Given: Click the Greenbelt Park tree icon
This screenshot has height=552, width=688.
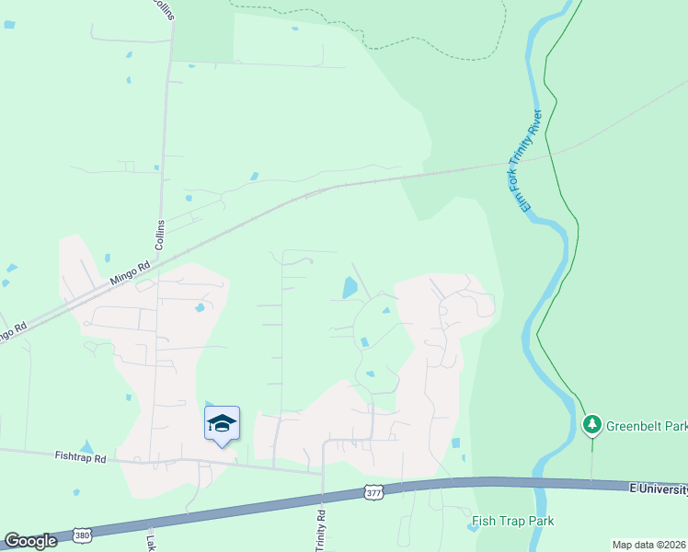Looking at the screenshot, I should point(592,424).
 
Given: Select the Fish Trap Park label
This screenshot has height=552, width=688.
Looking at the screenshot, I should point(512,522).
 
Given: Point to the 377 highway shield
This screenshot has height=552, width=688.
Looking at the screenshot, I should point(372,492).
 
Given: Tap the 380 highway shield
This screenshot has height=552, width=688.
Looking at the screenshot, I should point(81,535).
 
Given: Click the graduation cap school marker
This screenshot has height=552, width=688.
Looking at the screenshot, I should point(222,423).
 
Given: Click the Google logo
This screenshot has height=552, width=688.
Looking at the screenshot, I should point(30,541).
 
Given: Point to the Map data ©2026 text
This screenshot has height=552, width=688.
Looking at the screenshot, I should point(649,545).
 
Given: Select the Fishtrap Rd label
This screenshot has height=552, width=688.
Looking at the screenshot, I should point(80,456).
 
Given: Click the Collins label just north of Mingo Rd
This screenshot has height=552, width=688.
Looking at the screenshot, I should point(160,236).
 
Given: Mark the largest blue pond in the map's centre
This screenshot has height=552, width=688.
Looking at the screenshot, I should point(350,288).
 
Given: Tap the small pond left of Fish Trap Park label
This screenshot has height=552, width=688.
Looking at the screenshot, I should point(472,527).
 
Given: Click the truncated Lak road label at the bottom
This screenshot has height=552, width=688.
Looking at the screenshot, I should point(150,540).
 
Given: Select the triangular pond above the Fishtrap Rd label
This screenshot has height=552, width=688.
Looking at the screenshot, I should point(86,447).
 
